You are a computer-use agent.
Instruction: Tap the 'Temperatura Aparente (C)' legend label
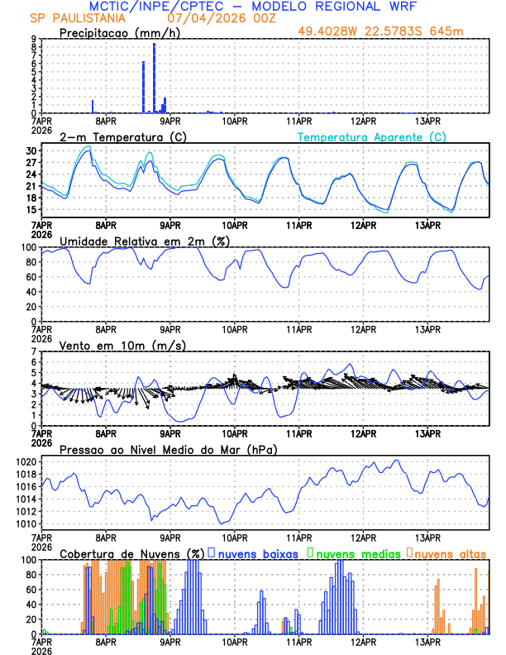(371, 136)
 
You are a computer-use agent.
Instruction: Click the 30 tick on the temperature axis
(31, 151)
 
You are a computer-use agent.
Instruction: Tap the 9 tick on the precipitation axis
(33, 39)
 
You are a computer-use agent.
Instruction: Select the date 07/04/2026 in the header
(203, 17)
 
